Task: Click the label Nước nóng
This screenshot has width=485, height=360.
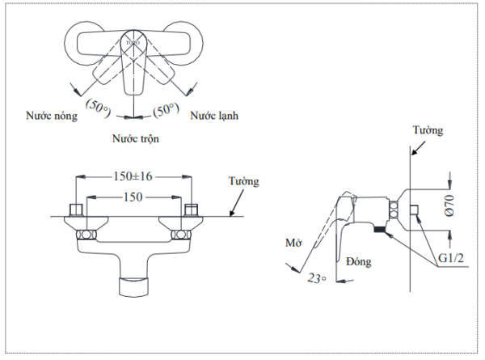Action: coord(52,116)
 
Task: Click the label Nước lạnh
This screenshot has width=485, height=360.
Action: coord(214,116)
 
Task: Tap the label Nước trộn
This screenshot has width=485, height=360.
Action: coord(135,138)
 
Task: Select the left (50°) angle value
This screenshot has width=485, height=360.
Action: coord(101,108)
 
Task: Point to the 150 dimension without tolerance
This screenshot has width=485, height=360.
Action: coord(133,197)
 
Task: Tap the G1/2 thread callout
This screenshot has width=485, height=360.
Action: coord(449,259)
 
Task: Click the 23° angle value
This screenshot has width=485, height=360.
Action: coord(317,277)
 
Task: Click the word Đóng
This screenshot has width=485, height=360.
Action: coord(358,261)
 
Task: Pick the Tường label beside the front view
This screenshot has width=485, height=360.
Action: coord(243,181)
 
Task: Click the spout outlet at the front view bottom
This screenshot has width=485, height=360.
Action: coord(135,284)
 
